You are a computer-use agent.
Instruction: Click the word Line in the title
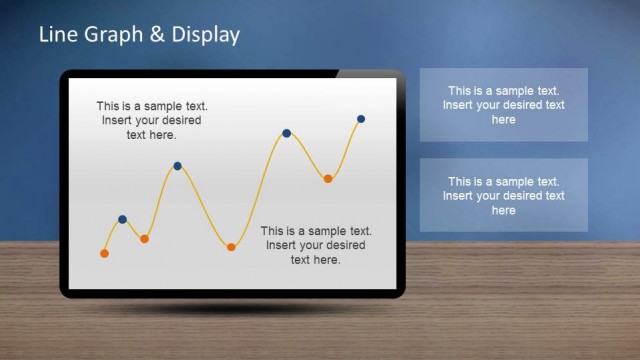(x=57, y=35)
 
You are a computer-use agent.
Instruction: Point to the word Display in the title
(x=205, y=36)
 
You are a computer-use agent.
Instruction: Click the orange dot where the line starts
(x=104, y=253)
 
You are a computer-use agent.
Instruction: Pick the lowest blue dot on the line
(x=122, y=219)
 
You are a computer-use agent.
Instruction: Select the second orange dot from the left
(x=144, y=238)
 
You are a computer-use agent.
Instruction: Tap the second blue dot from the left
(x=177, y=166)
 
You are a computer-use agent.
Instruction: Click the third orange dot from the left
(x=231, y=246)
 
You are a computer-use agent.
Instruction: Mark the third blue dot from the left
(x=286, y=133)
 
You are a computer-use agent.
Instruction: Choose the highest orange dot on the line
(x=327, y=178)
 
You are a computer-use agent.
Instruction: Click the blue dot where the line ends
(x=360, y=119)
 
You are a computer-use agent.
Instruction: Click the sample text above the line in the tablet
(x=152, y=121)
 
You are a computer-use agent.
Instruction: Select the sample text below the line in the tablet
(x=315, y=245)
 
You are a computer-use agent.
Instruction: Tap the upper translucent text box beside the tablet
(x=503, y=104)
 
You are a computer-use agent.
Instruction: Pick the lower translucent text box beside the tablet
(x=503, y=195)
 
